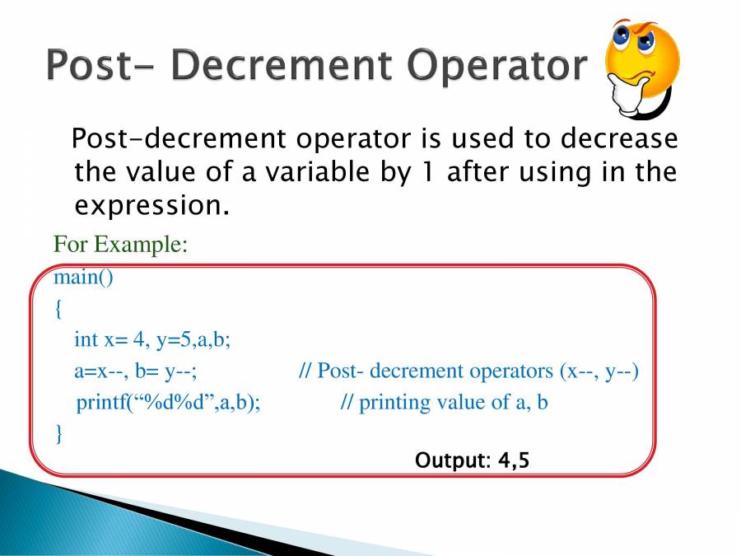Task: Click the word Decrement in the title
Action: pyautogui.click(x=282, y=64)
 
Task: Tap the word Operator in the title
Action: pyautogui.click(x=497, y=65)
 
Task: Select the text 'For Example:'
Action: pyautogui.click(x=120, y=245)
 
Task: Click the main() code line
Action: pyautogui.click(x=84, y=277)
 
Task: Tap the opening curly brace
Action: pyautogui.click(x=58, y=309)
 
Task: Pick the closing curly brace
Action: pyautogui.click(x=58, y=433)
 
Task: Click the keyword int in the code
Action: pyautogui.click(x=86, y=339)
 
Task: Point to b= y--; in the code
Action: pyautogui.click(x=165, y=372)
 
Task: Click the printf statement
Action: pyautogui.click(x=168, y=403)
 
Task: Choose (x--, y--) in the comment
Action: pyautogui.click(x=599, y=371)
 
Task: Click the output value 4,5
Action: pyautogui.click(x=514, y=460)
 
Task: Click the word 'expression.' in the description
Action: pyautogui.click(x=152, y=206)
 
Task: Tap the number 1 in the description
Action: pyautogui.click(x=426, y=171)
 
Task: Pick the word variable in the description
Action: pyautogui.click(x=318, y=171)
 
